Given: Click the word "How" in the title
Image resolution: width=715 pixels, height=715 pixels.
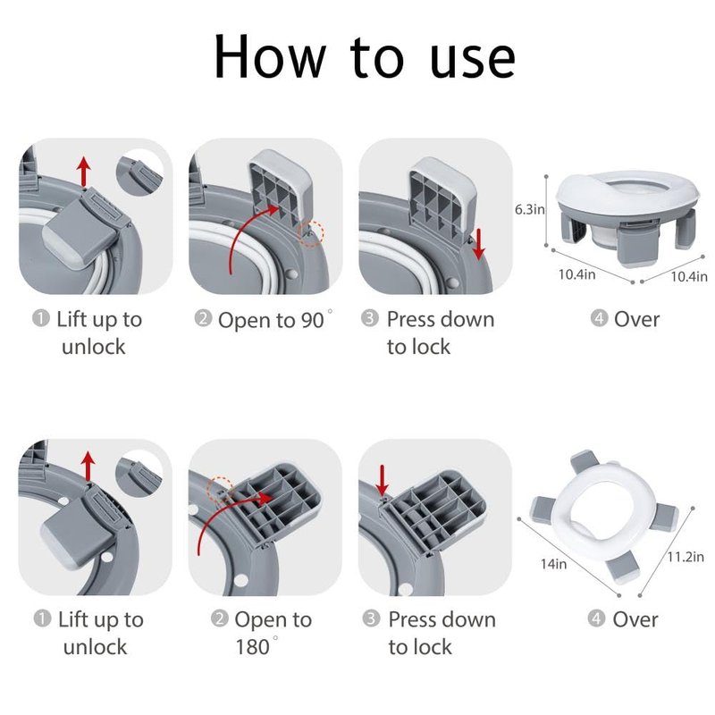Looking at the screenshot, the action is [270, 57].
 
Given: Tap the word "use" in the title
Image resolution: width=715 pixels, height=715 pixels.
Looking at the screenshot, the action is [473, 61].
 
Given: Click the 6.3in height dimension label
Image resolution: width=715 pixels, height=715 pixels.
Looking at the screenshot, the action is [529, 209].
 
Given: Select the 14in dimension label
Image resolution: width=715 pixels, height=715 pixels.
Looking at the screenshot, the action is [553, 564].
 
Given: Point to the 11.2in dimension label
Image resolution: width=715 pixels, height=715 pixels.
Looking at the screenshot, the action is [686, 557].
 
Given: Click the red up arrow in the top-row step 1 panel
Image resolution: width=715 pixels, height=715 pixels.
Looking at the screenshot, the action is [83, 171].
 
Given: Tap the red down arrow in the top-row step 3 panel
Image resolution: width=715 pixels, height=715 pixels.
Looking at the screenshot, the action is [479, 244].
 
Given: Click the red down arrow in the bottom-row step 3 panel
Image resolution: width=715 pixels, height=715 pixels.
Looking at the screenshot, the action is [383, 480].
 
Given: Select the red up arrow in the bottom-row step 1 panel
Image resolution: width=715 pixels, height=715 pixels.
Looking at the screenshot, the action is [88, 466].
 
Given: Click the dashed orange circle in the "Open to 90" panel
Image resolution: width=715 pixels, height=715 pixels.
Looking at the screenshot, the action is [311, 233].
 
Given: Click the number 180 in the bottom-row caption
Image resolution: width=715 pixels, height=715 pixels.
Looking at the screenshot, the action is [252, 647].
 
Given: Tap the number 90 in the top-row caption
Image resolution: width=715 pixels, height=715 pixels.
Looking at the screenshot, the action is [312, 321].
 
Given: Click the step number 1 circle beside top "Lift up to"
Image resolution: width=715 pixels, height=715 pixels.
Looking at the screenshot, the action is [41, 318].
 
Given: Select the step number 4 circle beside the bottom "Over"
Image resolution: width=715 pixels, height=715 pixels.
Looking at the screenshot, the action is [596, 618].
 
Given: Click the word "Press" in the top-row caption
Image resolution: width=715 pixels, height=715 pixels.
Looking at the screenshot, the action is [412, 319].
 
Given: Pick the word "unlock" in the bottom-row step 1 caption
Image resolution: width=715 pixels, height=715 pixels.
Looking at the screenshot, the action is [95, 647].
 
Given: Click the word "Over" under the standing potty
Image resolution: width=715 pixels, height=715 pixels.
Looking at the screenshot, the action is [636, 320].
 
